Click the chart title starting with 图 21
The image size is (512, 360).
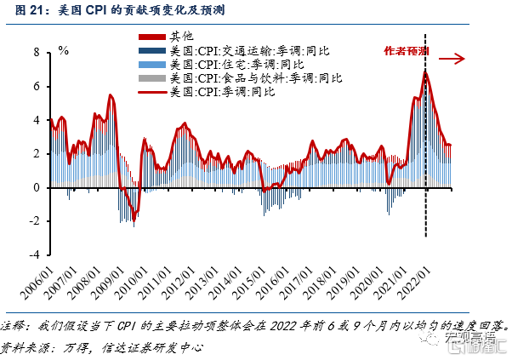(120, 10)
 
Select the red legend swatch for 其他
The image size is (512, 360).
(152, 37)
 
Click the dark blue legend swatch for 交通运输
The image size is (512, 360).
(152, 51)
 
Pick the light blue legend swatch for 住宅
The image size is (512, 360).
(152, 65)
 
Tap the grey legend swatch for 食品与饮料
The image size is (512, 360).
(152, 78)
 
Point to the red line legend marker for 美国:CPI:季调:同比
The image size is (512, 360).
(152, 93)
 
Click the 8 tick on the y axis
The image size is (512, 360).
(37, 52)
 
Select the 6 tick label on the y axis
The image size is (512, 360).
(37, 86)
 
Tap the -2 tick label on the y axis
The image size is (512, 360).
(34, 221)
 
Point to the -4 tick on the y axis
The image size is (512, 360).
(34, 254)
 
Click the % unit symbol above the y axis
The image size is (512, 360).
(63, 50)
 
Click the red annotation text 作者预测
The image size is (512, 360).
(406, 51)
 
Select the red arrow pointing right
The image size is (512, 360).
(452, 59)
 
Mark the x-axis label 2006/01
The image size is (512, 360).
(37, 283)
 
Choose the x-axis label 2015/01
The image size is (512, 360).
(249, 283)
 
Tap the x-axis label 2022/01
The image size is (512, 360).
(413, 283)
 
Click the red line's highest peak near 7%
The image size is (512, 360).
(425, 71)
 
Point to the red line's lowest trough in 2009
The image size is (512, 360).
(134, 220)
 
